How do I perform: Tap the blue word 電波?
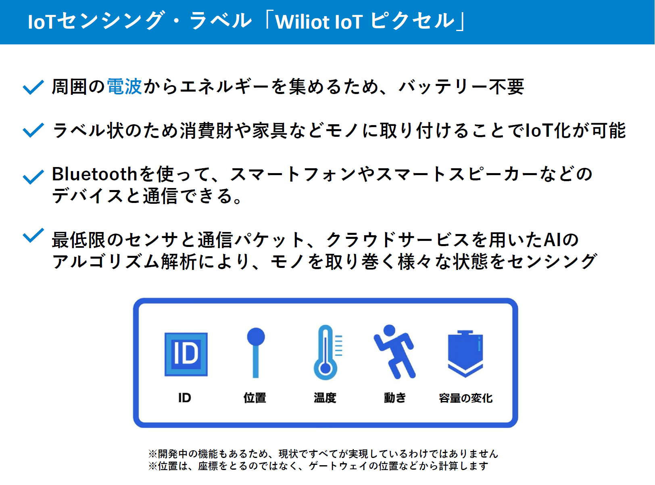[124, 87]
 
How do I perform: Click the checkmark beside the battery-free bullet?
[33, 88]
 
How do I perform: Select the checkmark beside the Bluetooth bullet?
[33, 177]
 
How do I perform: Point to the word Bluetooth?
[94, 174]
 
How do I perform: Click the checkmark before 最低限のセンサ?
[33, 236]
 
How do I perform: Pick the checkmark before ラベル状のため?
[33, 130]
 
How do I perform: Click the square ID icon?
[186, 354]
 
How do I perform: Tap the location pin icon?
[256, 353]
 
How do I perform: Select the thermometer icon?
[327, 352]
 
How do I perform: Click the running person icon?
[394, 352]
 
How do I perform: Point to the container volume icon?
[465, 354]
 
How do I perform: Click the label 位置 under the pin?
[255, 398]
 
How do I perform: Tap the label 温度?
[325, 398]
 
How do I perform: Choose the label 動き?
[395, 398]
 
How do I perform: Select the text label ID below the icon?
[185, 398]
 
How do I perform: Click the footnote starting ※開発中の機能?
[323, 454]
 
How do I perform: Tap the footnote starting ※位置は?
[318, 466]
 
